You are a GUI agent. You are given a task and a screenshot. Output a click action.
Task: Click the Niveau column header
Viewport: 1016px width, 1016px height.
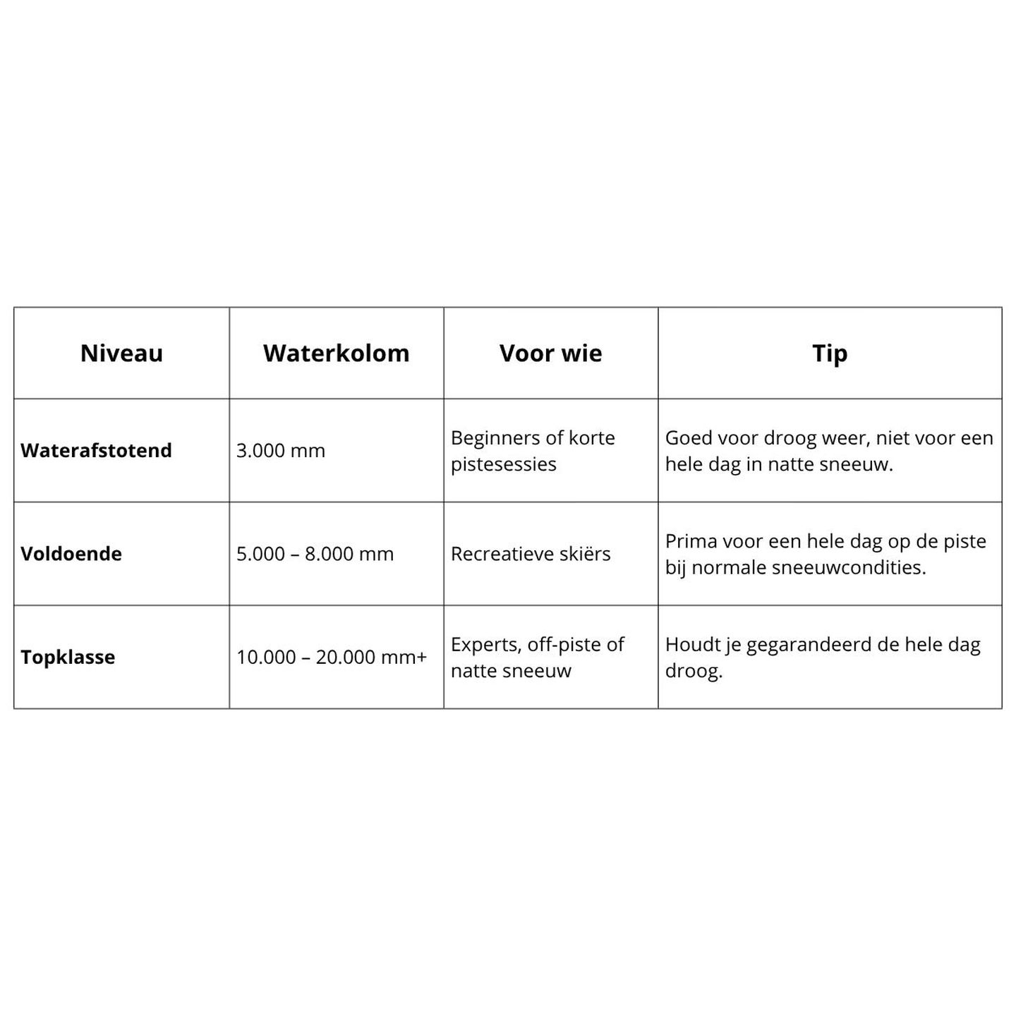pos(121,353)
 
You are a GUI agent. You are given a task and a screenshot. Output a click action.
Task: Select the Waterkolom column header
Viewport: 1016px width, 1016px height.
pos(336,353)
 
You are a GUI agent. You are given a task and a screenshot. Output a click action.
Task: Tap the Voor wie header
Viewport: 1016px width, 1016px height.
pos(550,353)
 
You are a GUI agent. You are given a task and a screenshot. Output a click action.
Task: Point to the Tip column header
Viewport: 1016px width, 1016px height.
pos(830,353)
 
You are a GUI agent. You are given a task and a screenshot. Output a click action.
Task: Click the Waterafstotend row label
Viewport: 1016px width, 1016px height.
pos(96,451)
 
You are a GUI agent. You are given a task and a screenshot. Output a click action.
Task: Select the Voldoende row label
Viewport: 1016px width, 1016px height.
pos(71,554)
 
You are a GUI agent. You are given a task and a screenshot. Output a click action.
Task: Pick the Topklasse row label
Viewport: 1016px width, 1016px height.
pos(68,658)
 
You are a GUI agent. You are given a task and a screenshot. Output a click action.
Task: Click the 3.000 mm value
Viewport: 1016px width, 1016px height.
pos(281,451)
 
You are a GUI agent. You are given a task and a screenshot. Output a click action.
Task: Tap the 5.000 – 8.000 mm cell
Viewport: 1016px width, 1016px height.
pos(315,554)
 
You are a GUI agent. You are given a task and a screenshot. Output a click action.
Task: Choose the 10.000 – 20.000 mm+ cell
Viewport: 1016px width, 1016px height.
pos(332,658)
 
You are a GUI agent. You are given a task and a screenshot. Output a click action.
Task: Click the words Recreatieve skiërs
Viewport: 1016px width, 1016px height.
pos(531,554)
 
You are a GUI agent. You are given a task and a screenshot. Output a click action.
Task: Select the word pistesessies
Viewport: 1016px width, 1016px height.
pos(504,464)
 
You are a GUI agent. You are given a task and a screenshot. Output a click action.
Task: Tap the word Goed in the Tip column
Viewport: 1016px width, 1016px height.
pos(689,438)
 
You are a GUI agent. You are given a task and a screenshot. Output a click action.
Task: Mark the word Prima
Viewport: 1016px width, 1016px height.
pos(689,541)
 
